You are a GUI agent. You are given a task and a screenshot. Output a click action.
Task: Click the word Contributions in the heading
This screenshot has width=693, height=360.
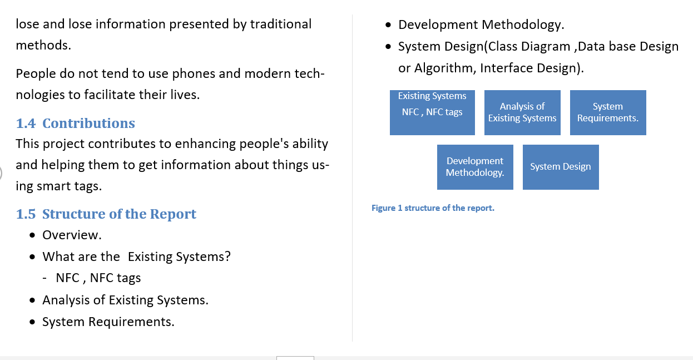tap(88, 124)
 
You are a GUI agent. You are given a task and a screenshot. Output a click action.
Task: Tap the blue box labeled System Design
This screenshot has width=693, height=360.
tap(561, 167)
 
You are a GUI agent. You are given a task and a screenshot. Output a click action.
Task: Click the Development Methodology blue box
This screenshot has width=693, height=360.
tap(475, 167)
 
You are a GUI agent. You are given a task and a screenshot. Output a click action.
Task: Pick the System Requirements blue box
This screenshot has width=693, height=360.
tap(608, 112)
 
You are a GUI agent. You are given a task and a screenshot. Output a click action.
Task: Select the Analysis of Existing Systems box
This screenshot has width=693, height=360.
tap(522, 112)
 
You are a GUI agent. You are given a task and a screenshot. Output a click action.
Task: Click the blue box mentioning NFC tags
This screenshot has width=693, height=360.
tap(432, 112)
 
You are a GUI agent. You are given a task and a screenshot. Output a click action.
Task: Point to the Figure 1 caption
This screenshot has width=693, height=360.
tap(433, 208)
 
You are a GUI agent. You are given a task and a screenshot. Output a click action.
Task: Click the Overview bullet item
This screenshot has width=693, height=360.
tap(72, 235)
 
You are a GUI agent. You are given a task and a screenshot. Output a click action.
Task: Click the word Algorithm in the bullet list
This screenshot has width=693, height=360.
tap(443, 68)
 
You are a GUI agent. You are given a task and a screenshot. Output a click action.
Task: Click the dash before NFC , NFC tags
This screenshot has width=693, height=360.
tap(44, 278)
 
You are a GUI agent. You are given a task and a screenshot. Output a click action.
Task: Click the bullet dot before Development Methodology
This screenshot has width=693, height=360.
tap(390, 25)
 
